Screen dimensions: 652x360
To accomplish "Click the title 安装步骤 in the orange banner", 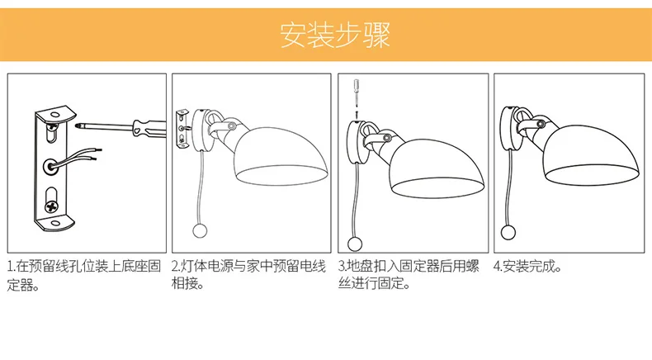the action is pyautogui.click(x=335, y=35).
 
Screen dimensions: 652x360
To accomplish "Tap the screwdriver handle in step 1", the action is pyautogui.click(x=149, y=127).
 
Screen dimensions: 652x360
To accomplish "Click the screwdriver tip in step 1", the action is pyautogui.click(x=78, y=124).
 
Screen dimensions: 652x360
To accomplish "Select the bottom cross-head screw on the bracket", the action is pyautogui.click(x=51, y=206).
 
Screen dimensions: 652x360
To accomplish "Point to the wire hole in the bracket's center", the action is pyautogui.click(x=50, y=166).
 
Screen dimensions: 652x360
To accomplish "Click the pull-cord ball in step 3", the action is pyautogui.click(x=355, y=244).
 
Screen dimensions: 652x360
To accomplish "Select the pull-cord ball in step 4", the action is pyautogui.click(x=508, y=232).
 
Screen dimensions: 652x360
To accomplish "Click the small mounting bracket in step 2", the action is pyautogui.click(x=182, y=128).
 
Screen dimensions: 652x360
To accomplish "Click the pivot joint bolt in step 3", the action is pyautogui.click(x=387, y=138).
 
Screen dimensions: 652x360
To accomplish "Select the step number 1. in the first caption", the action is pyautogui.click(x=12, y=266).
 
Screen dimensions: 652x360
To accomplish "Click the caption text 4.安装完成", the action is pyautogui.click(x=527, y=266).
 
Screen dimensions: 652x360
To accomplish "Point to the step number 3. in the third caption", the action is pyautogui.click(x=343, y=266).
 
